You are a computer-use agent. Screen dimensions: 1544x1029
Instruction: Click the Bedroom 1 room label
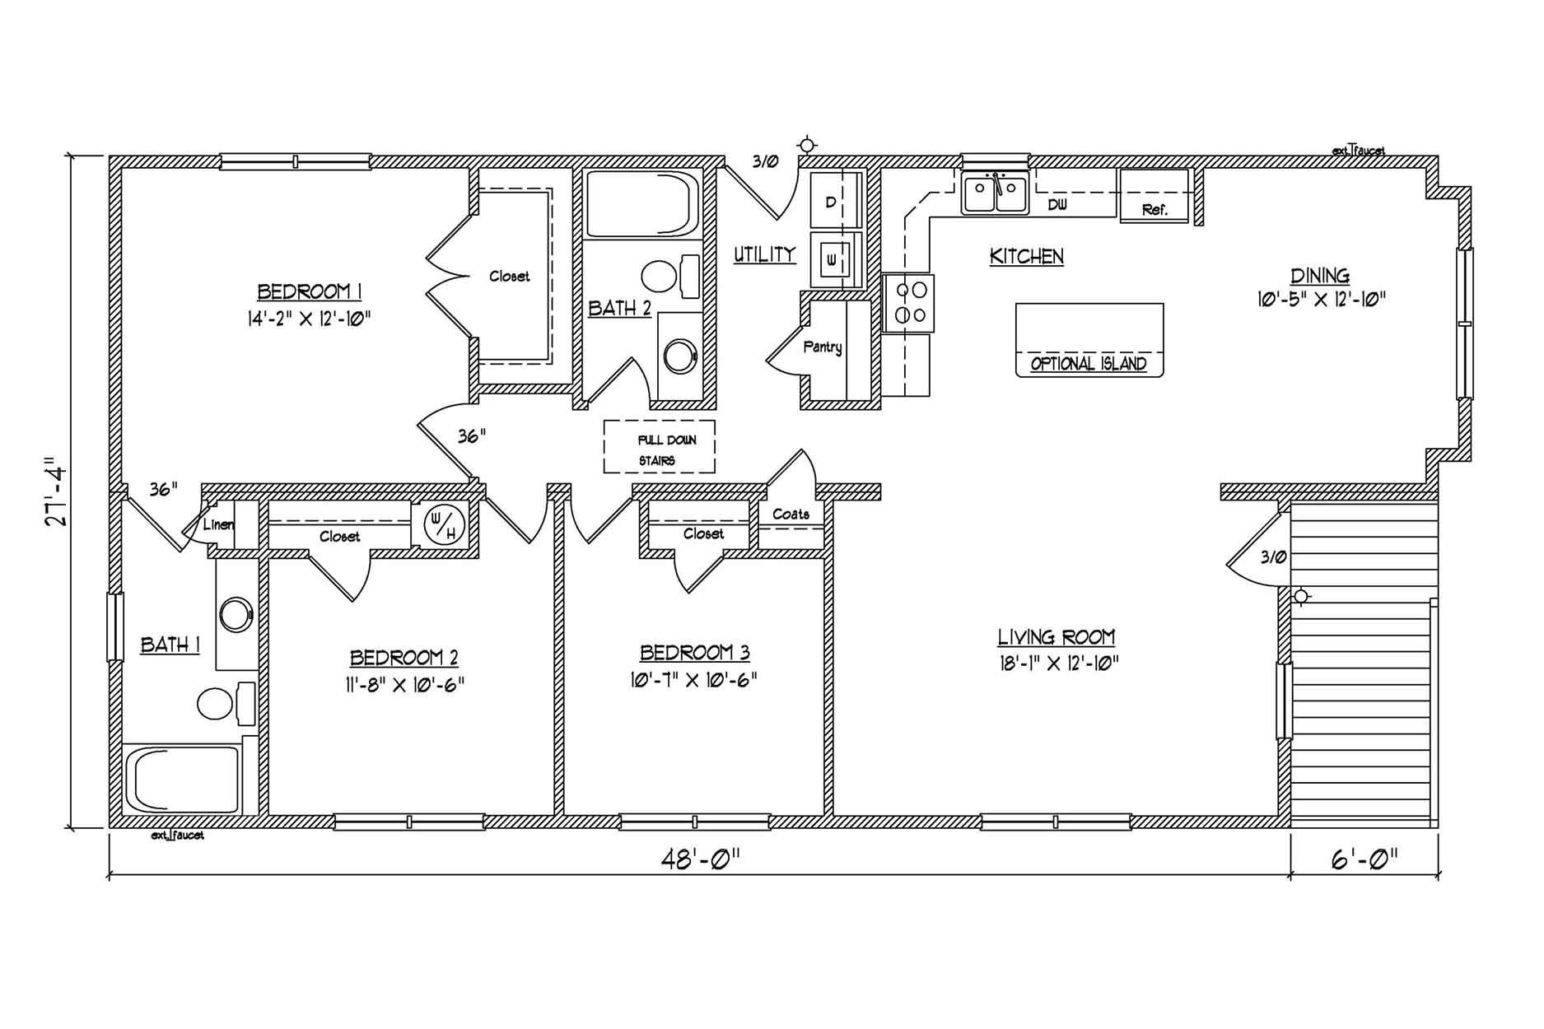(x=310, y=291)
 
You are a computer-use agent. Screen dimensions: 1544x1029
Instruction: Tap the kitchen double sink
(x=996, y=195)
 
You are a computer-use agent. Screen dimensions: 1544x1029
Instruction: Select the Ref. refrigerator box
(x=1155, y=196)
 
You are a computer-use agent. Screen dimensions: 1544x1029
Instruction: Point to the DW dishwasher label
(x=1057, y=205)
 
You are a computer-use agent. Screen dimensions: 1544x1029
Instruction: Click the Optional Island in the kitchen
(x=1089, y=340)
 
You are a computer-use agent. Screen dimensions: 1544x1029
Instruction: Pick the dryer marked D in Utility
(x=835, y=200)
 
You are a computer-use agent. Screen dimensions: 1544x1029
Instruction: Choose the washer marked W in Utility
(x=835, y=260)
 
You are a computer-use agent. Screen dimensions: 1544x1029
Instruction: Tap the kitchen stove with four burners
(x=908, y=302)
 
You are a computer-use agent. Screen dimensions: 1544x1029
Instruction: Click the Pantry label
(x=822, y=347)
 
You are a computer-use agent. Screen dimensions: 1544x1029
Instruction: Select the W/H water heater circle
(x=445, y=524)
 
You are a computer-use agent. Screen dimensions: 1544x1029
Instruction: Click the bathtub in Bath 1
(x=183, y=780)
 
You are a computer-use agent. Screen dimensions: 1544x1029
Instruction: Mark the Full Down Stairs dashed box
(x=659, y=446)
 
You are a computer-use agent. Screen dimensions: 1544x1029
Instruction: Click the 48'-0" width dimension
(x=700, y=859)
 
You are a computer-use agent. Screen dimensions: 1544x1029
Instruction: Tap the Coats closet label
(x=791, y=514)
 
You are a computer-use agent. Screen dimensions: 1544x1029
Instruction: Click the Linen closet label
(x=218, y=524)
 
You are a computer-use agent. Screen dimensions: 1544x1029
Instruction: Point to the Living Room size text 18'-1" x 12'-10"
(x=1059, y=663)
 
